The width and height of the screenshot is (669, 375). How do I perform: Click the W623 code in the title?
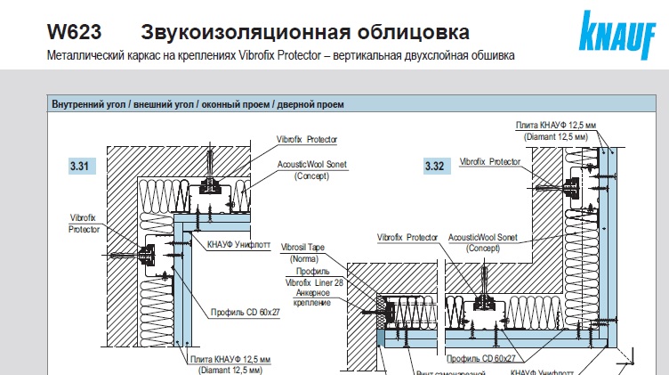pos(74,34)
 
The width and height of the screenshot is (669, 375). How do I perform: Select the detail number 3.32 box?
pos(435,167)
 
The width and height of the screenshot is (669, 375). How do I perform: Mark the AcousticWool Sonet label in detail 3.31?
pos(311,165)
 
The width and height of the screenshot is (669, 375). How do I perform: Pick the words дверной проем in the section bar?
pos(316,104)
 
